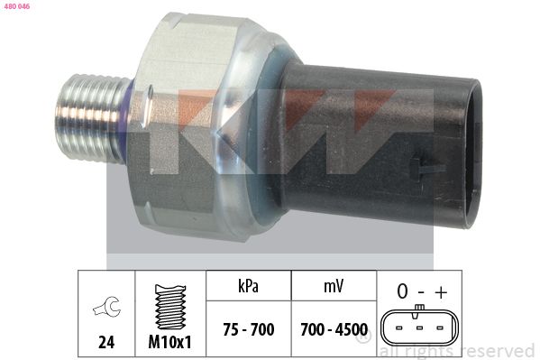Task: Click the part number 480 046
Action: click(17, 6)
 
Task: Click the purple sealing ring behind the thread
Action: click(127, 119)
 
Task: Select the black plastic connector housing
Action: click(379, 146)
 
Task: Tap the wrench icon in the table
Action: click(107, 306)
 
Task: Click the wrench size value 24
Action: click(106, 342)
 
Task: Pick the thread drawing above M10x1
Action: click(170, 307)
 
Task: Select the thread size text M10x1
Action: click(169, 342)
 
